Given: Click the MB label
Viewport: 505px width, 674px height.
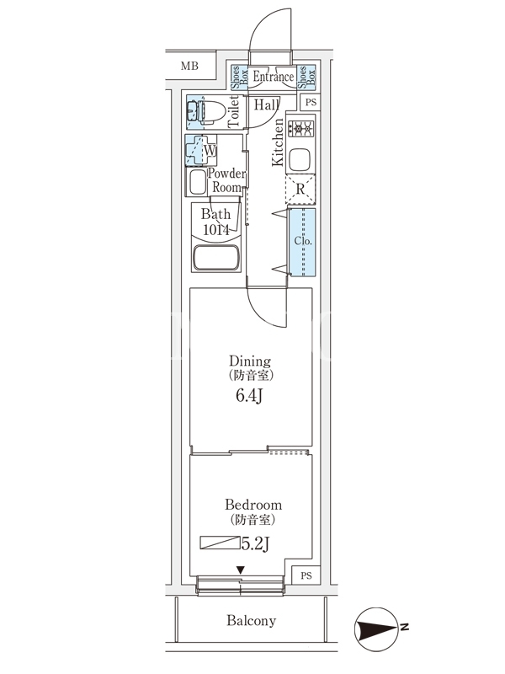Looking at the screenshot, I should (x=189, y=65).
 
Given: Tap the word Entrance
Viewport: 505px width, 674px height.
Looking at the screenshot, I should (x=273, y=78).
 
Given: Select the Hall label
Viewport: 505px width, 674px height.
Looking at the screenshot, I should (x=266, y=105).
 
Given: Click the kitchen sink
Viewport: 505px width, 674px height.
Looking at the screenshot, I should (x=300, y=159).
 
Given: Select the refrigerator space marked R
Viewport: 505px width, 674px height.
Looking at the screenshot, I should (x=300, y=189).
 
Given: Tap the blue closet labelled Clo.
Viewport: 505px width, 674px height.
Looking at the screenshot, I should (x=302, y=241).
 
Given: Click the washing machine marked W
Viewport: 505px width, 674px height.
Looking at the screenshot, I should (x=200, y=151).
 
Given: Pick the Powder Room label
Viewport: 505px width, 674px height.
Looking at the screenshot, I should (x=226, y=180).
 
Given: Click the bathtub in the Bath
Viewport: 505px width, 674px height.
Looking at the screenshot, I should (x=216, y=258).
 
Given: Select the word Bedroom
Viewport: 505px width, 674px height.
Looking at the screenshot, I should (x=252, y=505).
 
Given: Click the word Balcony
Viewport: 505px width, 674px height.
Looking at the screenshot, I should (x=251, y=621).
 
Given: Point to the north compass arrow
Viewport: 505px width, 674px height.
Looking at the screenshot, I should (x=379, y=627).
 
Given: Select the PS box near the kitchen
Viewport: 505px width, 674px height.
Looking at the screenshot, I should (x=311, y=103).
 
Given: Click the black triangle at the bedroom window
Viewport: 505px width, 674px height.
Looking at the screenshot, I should (x=241, y=570).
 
